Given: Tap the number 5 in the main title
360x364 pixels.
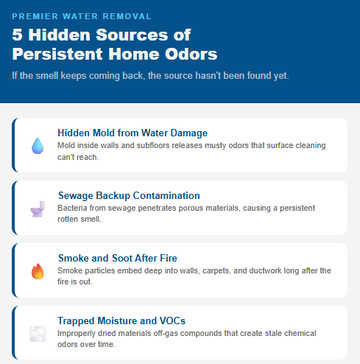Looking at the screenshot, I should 18,35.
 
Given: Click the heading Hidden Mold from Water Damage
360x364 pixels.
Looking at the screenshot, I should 133,133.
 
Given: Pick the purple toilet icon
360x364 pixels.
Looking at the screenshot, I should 37,209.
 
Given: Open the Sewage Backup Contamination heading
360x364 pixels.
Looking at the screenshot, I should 129,196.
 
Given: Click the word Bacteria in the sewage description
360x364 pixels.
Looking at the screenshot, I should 73,209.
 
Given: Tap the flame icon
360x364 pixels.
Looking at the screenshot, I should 37,272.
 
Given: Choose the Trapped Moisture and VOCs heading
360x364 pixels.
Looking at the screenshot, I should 121,321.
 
